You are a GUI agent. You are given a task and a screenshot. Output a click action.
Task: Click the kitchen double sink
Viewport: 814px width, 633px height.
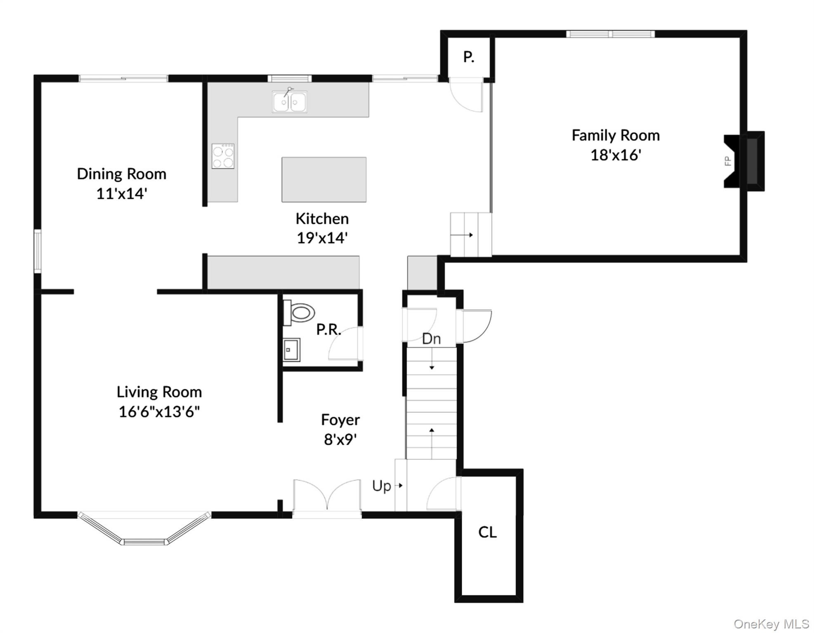click(289, 101)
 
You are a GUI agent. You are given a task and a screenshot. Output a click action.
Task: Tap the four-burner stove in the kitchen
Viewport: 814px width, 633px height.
click(223, 156)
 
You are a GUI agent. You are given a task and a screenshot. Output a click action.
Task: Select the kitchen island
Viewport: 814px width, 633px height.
click(324, 179)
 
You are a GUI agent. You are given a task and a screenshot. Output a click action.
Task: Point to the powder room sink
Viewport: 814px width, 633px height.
click(291, 350)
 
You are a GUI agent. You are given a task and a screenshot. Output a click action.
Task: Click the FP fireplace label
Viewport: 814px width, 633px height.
click(728, 161)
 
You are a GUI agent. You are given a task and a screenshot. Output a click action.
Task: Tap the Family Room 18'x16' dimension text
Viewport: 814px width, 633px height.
click(616, 155)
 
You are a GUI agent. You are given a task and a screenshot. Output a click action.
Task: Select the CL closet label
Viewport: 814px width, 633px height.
click(487, 532)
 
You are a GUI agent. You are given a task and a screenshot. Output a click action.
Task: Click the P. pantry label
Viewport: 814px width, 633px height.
click(468, 57)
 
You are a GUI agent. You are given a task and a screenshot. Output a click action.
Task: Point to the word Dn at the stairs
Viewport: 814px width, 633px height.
click(432, 339)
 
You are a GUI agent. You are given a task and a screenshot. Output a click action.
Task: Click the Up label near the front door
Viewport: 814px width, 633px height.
click(382, 486)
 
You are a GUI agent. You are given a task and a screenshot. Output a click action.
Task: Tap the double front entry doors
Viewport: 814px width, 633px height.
click(327, 497)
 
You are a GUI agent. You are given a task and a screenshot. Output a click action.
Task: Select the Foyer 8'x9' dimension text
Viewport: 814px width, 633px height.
click(340, 440)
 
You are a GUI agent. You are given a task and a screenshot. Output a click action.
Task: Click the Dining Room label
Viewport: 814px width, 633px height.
click(122, 173)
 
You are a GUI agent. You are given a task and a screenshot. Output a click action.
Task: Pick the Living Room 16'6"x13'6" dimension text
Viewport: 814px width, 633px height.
click(159, 411)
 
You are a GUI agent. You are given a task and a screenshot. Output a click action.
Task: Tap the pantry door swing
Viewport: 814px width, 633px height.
click(466, 97)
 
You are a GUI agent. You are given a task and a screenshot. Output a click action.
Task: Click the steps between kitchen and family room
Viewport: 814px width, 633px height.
click(470, 234)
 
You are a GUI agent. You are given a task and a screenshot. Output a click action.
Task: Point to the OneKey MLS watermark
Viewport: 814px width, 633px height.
click(771, 624)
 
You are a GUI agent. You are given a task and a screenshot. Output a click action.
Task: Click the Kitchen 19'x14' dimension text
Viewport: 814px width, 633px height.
click(322, 238)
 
